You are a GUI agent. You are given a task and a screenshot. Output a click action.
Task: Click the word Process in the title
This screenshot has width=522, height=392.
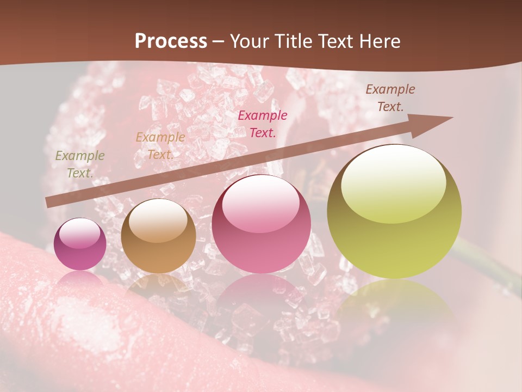pyautogui.click(x=171, y=41)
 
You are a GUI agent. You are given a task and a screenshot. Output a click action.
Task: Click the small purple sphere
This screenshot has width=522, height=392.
pyautogui.click(x=80, y=244)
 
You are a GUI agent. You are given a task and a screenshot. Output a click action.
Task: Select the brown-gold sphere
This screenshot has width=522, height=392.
pyautogui.click(x=158, y=236)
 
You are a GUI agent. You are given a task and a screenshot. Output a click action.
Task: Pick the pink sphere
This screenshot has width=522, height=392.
pyautogui.click(x=261, y=224)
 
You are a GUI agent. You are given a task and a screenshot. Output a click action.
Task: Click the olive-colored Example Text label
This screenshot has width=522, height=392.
pyautogui.click(x=80, y=164)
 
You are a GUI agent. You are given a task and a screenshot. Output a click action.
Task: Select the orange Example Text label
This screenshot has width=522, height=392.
pyautogui.click(x=160, y=145)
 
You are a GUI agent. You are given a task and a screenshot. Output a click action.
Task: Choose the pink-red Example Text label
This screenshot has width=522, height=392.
pyautogui.click(x=263, y=124)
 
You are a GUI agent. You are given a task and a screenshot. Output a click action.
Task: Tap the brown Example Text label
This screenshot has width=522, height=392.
pyautogui.click(x=390, y=97)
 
